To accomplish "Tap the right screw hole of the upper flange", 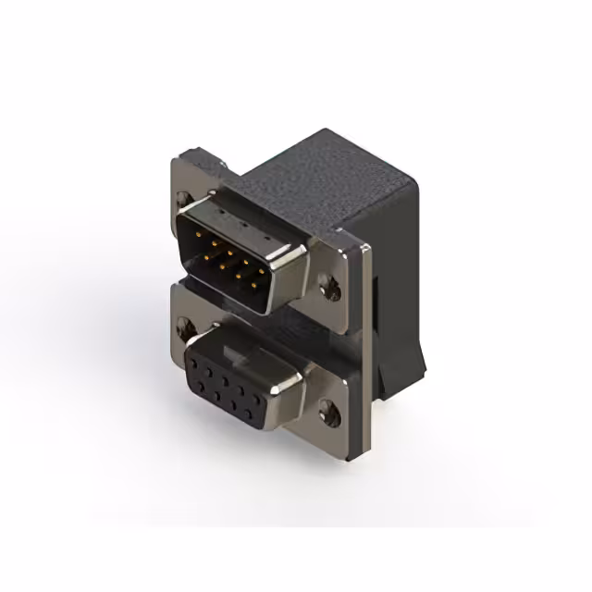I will [330, 289].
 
